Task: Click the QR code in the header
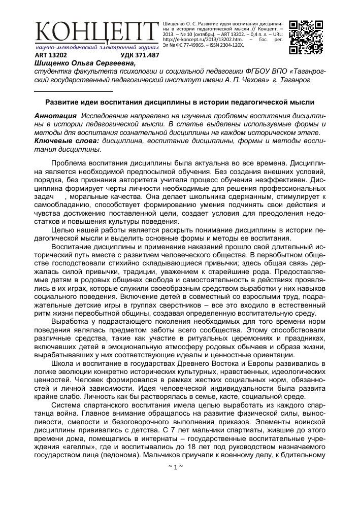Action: tap(306, 37)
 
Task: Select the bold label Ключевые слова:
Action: tap(66, 141)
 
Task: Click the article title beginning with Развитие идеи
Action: tap(180, 101)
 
